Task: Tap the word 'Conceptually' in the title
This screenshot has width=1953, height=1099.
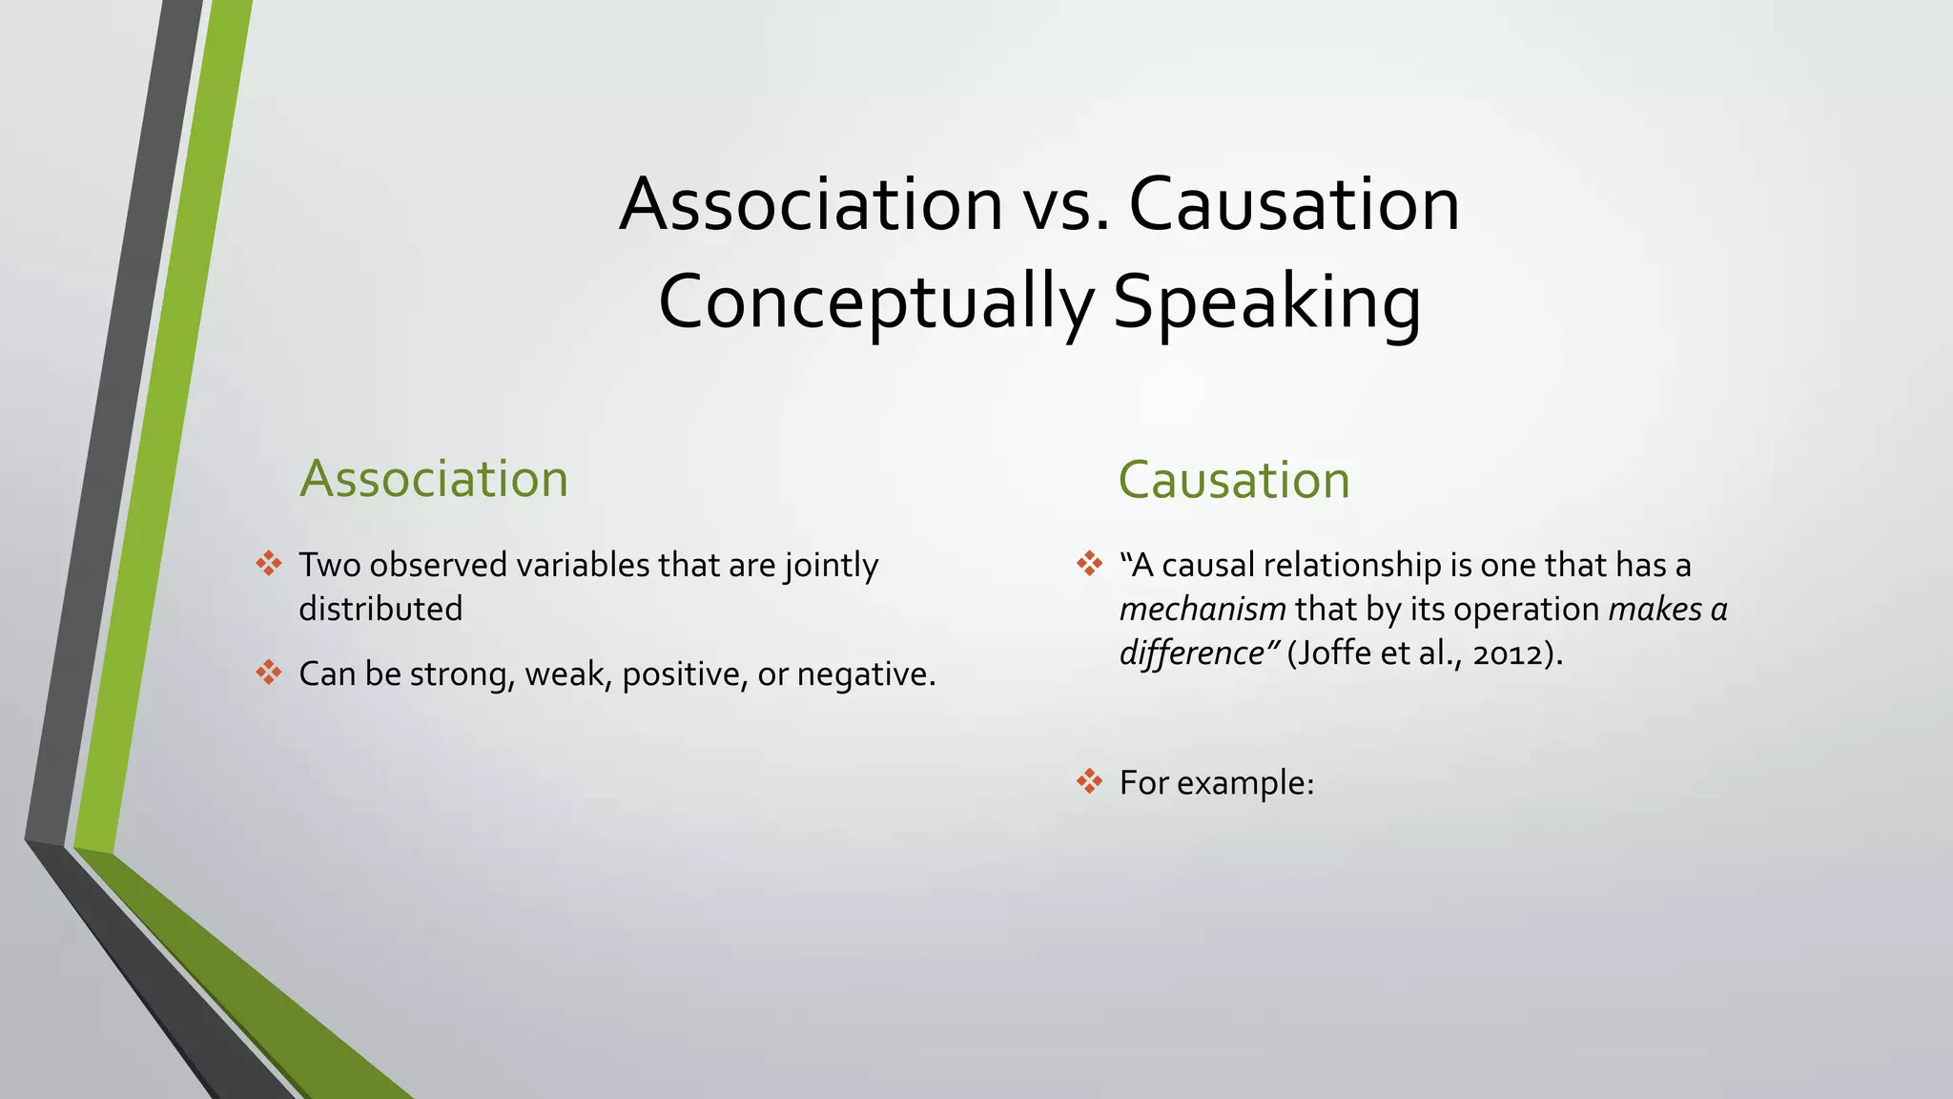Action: point(875,302)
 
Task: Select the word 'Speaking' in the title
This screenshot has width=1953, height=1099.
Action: point(1267,302)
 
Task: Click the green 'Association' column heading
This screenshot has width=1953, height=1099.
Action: point(434,479)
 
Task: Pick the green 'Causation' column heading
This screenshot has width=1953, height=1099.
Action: point(1234,480)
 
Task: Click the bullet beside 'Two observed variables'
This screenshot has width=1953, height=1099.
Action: point(269,564)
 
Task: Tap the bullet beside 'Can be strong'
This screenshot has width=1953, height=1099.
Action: point(269,673)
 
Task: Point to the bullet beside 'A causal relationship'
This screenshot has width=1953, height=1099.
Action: point(1089,564)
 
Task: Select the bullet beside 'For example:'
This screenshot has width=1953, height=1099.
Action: point(1089,781)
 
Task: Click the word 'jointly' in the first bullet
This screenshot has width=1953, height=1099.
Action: point(831,566)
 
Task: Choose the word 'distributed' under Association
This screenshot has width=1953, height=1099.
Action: point(380,609)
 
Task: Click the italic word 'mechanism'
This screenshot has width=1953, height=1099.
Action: point(1203,609)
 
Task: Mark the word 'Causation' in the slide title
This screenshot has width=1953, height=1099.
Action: point(1294,205)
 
